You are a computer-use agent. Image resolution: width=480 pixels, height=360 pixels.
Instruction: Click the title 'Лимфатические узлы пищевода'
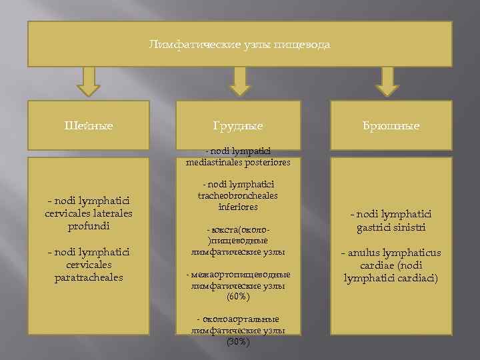click(239, 45)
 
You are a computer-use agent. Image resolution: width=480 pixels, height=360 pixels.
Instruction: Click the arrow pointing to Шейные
click(88, 81)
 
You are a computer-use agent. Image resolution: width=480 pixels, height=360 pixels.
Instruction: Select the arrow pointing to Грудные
click(239, 81)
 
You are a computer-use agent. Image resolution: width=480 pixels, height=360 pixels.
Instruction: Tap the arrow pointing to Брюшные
click(389, 81)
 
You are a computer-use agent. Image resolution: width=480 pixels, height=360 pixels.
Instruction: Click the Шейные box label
click(89, 125)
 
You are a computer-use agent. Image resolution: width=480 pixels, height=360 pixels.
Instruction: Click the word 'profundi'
click(88, 225)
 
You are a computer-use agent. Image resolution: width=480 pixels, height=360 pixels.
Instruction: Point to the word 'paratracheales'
click(89, 277)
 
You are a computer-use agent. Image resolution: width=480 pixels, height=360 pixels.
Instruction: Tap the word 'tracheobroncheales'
click(238, 196)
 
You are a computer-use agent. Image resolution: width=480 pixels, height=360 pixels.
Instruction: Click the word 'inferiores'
click(238, 207)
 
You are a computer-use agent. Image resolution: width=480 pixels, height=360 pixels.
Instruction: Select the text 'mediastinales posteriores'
click(238, 162)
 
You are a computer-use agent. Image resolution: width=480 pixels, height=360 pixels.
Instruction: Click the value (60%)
click(238, 296)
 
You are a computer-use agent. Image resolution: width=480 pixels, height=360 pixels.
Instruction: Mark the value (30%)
click(238, 341)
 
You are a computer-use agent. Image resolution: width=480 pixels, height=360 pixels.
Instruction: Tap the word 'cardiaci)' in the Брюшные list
click(417, 277)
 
